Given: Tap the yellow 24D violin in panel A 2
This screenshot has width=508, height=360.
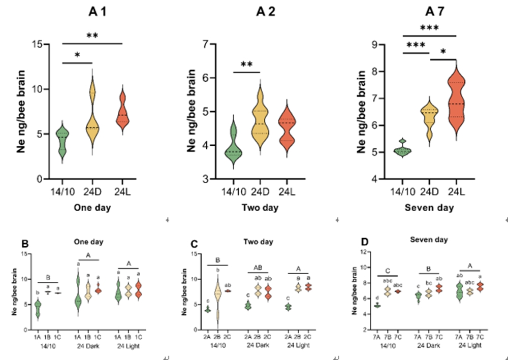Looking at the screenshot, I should pos(260,119).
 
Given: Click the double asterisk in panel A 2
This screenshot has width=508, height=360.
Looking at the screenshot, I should pos(247,64).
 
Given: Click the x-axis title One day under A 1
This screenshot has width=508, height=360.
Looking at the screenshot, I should pos(92,208).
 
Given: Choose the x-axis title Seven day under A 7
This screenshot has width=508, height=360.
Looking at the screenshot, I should pos(430,208).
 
